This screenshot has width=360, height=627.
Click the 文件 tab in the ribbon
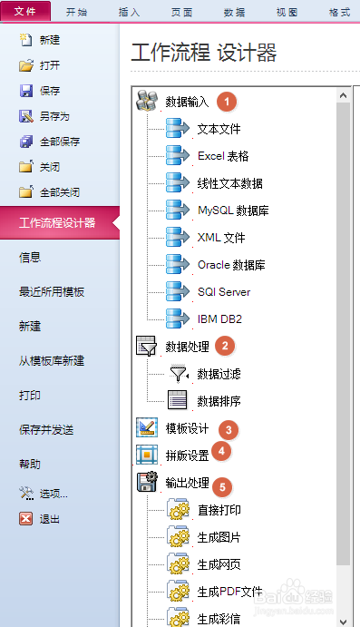pos(25,12)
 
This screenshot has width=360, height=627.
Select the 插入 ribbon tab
pos(130,12)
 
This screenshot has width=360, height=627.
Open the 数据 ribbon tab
pos(233,12)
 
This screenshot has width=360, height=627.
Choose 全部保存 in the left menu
pos(59,142)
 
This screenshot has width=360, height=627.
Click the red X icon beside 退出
pos(26,519)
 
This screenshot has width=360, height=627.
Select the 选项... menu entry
pos(54,494)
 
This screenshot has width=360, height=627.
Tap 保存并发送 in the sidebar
pos(46,429)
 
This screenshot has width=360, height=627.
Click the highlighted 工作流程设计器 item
pos(57,222)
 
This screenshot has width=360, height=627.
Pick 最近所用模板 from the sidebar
pos(52,291)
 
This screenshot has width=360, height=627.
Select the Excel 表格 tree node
pos(223,156)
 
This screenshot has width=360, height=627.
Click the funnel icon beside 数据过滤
pos(179,373)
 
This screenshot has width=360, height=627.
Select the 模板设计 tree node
pos(187,428)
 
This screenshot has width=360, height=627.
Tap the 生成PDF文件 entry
pos(229,592)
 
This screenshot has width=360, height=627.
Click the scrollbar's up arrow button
pos(344,94)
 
